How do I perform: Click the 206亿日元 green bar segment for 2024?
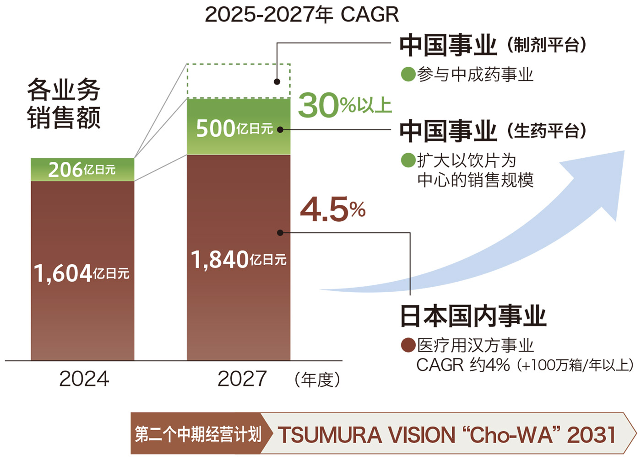(82, 170)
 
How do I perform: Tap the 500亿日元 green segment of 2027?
(238, 128)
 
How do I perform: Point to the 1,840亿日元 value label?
(239, 260)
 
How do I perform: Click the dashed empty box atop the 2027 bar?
(238, 81)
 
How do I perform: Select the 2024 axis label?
(84, 379)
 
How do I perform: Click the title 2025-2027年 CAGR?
(302, 15)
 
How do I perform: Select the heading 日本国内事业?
(473, 316)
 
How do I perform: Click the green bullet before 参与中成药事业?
(407, 74)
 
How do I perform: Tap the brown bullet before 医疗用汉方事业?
(407, 345)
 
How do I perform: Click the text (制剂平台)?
(547, 45)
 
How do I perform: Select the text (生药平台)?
(547, 131)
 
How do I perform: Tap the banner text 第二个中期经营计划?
(198, 434)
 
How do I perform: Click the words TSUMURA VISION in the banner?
(366, 435)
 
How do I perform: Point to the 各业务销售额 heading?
(64, 104)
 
